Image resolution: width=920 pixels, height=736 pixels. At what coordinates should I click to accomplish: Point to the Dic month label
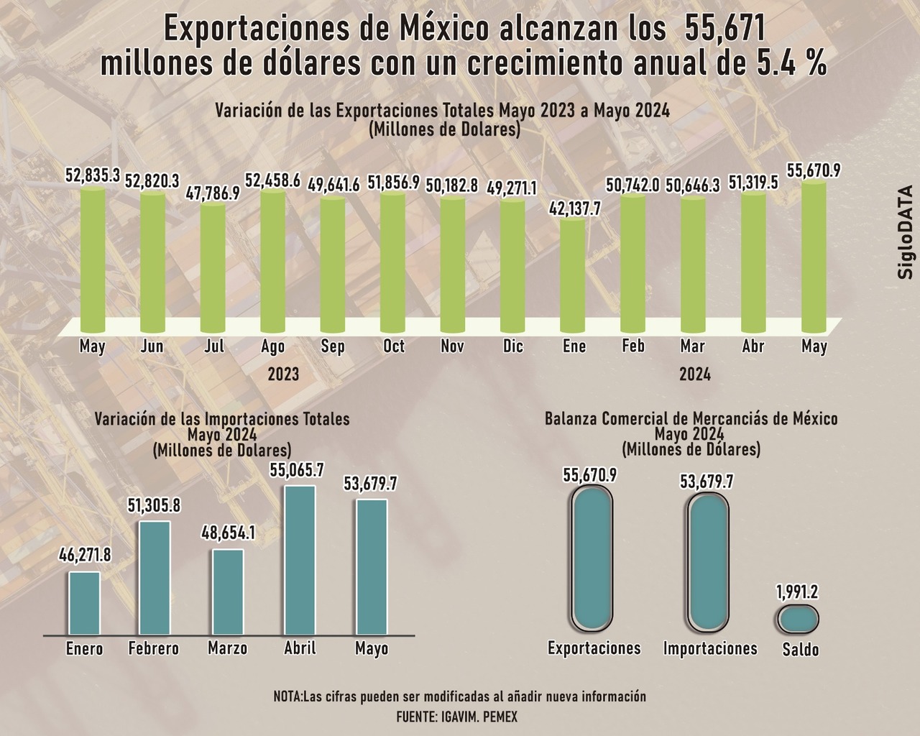[513, 346]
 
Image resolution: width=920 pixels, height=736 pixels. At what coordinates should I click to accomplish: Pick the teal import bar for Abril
[300, 561]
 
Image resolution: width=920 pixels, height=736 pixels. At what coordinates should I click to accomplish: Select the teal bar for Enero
[84, 604]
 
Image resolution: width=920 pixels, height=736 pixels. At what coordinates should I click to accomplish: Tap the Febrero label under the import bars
[154, 648]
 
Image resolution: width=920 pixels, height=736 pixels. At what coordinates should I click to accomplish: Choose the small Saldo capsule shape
[799, 618]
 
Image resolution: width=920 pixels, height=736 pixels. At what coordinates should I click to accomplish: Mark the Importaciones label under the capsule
[710, 648]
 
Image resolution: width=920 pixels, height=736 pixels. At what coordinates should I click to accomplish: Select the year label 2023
[283, 374]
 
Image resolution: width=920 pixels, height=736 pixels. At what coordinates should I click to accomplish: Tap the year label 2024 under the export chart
[695, 374]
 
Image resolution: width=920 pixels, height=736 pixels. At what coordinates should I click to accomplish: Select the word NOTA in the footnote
[287, 696]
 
